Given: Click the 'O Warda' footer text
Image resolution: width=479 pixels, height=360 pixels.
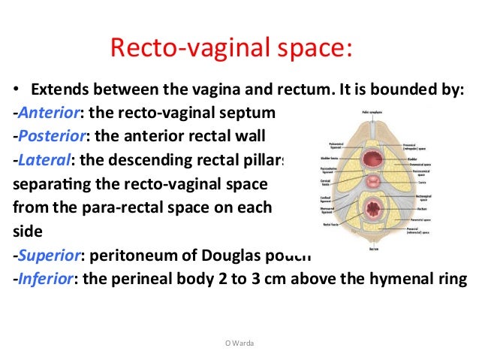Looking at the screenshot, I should point(239,342).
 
